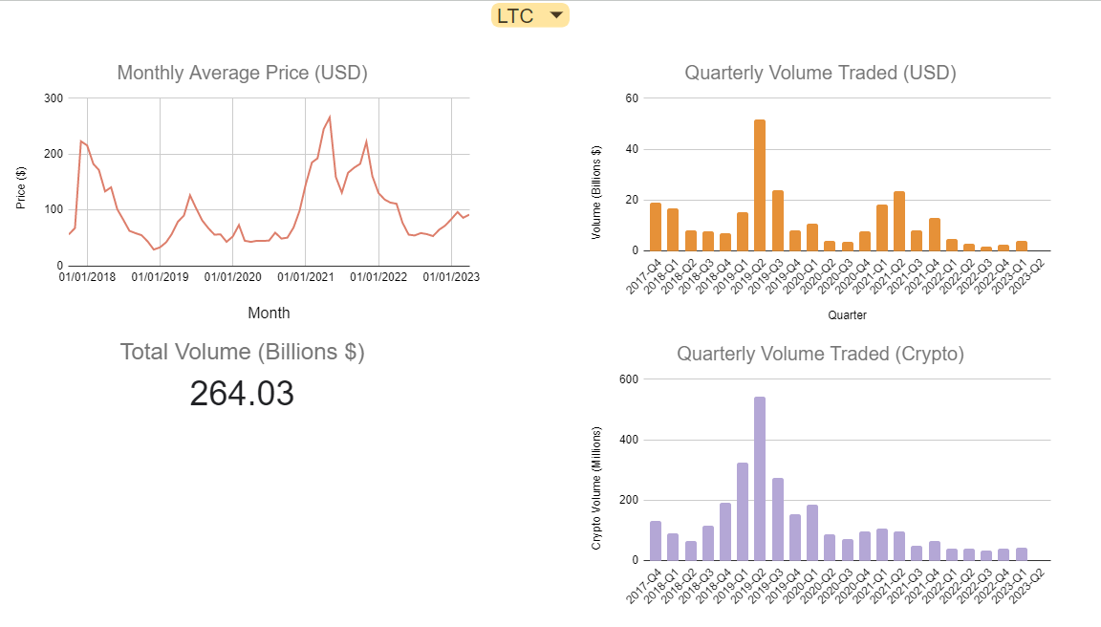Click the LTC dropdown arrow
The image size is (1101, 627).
[x=556, y=15]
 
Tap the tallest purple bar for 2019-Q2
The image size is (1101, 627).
[x=760, y=478]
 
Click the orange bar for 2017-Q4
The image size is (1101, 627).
[x=656, y=227]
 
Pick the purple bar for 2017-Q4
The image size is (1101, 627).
[x=656, y=541]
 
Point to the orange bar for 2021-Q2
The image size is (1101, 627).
[x=899, y=221]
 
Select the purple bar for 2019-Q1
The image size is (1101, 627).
[x=743, y=511]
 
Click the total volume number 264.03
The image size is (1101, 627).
[x=242, y=394]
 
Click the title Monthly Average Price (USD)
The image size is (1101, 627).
[x=242, y=73]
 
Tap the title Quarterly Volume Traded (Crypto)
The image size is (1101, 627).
[x=820, y=354]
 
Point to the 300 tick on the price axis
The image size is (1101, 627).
[x=54, y=98]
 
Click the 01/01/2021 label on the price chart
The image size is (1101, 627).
[x=306, y=277]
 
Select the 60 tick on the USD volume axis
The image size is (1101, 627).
[x=632, y=98]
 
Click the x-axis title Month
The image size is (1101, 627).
[x=269, y=313]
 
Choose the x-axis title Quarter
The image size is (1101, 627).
[x=847, y=314]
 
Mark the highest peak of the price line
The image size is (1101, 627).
[x=330, y=117]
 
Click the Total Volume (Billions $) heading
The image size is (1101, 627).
[x=242, y=352]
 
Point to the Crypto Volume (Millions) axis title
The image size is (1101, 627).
[x=596, y=487]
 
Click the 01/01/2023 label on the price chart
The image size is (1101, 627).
[x=451, y=277]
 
